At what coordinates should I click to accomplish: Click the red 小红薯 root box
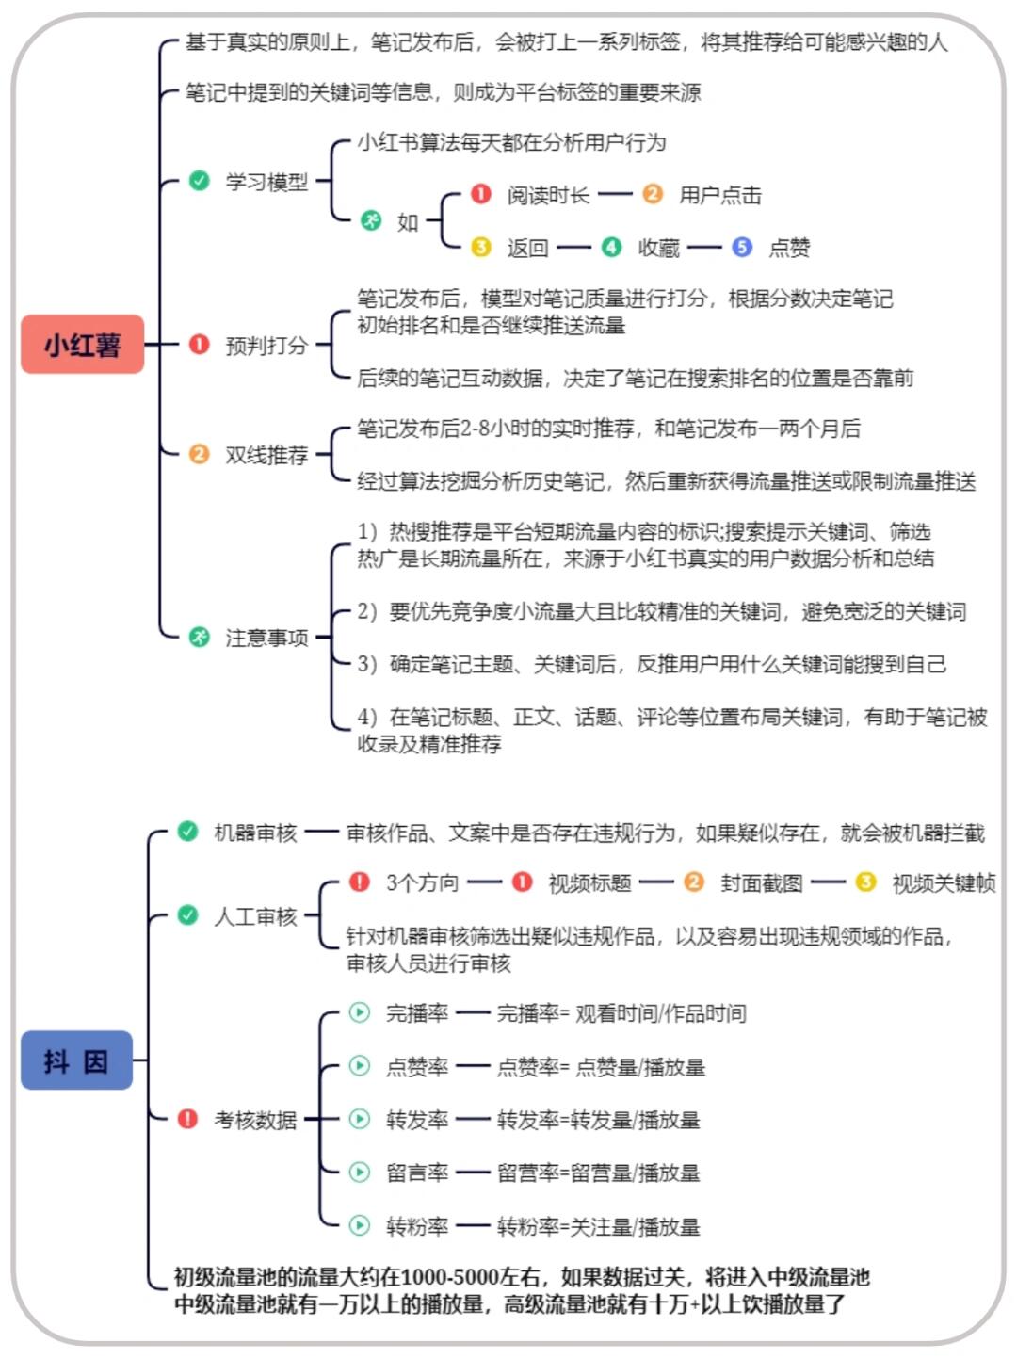pos(82,345)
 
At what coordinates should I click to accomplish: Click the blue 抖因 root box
pos(76,1061)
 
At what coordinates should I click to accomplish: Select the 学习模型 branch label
pos(266,182)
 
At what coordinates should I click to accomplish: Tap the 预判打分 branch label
pos(266,346)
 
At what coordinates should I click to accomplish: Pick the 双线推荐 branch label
pos(266,455)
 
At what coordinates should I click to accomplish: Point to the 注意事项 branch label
pos(266,638)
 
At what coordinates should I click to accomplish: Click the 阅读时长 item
pos(548,195)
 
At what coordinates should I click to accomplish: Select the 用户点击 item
pos(720,195)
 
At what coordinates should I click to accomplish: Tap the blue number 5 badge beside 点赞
pos(742,247)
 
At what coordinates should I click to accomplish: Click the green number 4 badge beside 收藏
pos(611,247)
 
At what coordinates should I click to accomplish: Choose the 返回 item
pos(527,248)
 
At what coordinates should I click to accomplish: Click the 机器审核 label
pos(255,833)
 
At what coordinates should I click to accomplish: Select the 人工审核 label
pos(255,916)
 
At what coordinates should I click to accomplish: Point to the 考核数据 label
pos(255,1120)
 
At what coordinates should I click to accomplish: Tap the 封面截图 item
pos(761,882)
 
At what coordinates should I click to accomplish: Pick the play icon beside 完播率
pos(359,1012)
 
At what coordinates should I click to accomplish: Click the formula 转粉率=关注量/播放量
pos(598,1226)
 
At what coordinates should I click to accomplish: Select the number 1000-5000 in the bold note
pos(449,1277)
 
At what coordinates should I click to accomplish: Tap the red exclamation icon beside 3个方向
pos(359,882)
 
